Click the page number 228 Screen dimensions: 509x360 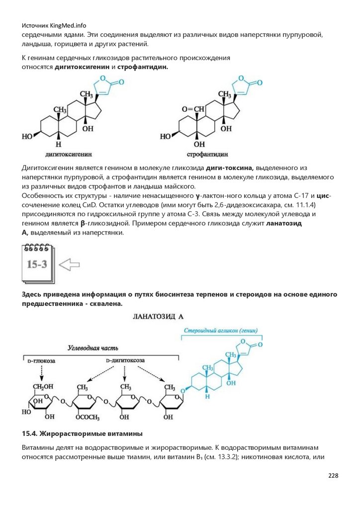(333, 476)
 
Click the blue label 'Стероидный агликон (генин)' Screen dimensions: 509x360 (217, 331)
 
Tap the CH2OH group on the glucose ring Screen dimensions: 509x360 (42, 387)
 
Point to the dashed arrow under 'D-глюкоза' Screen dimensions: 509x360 (40, 372)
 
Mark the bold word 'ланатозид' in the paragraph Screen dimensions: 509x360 (286, 223)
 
